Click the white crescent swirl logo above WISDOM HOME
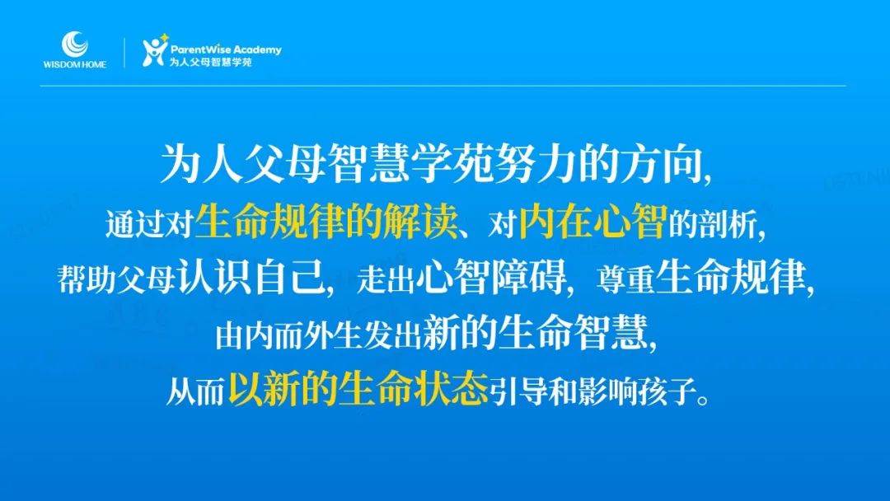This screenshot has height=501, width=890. click(74, 44)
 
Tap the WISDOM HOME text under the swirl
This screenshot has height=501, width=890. click(74, 64)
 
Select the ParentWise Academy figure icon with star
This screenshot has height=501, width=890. click(155, 50)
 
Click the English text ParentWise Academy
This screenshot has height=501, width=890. click(226, 50)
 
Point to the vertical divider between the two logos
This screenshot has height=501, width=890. click(125, 53)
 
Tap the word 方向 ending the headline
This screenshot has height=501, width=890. click(661, 165)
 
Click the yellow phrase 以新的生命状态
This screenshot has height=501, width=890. click(358, 389)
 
